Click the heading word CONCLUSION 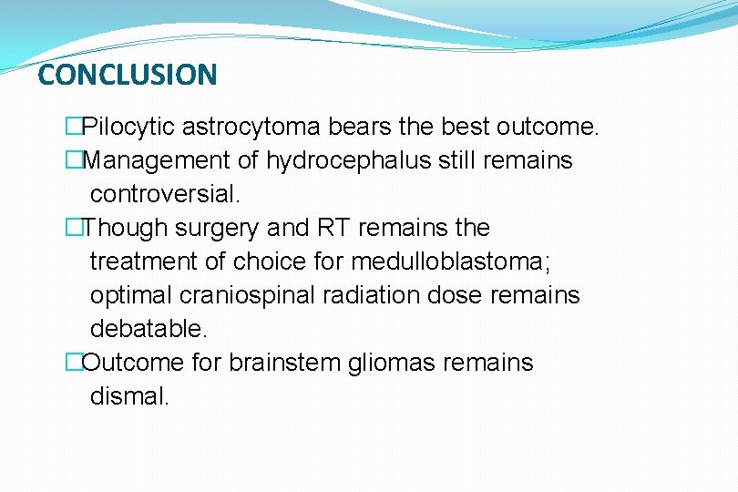(128, 75)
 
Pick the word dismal (129, 396)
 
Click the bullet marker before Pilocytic (73, 127)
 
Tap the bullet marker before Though (73, 228)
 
